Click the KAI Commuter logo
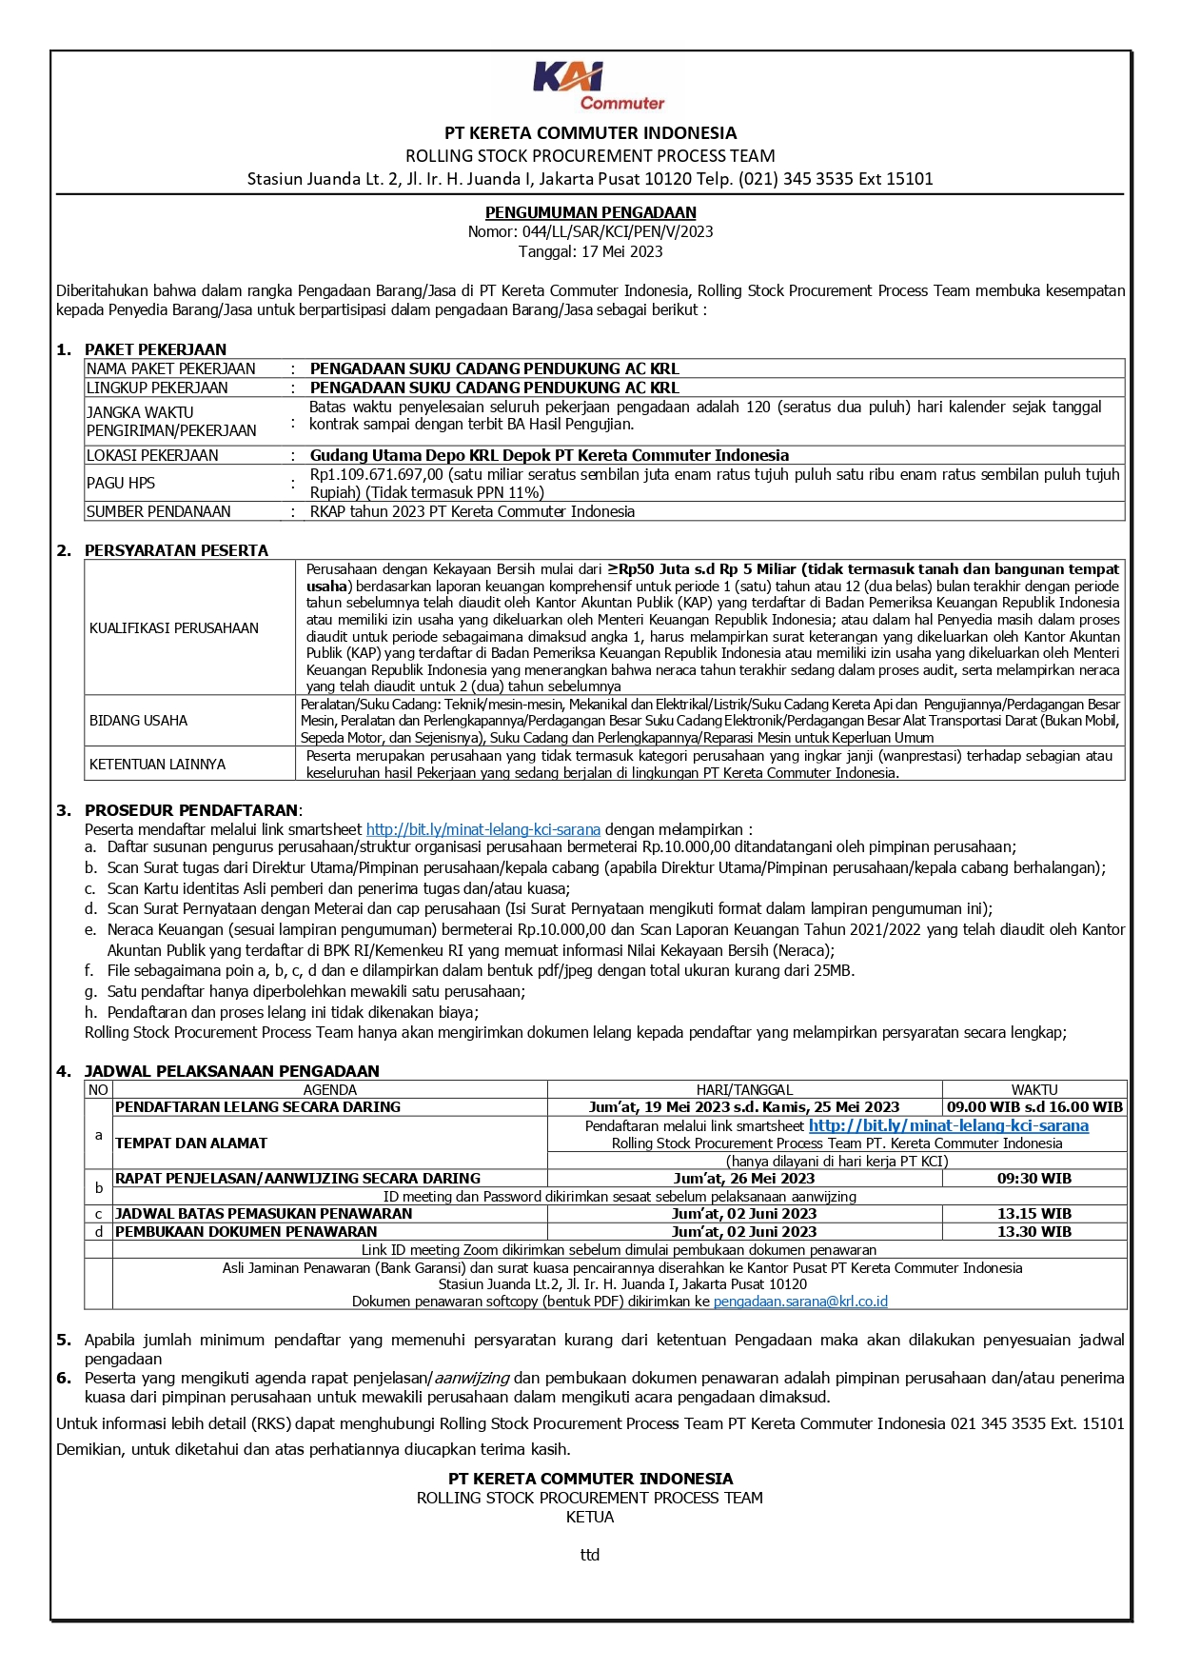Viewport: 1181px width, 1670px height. tap(596, 86)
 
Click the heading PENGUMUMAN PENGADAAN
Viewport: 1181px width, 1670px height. tap(590, 212)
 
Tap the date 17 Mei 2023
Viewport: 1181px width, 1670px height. tap(620, 251)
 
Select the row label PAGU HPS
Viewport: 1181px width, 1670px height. tap(121, 483)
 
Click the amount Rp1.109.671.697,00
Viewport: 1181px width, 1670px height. tap(377, 474)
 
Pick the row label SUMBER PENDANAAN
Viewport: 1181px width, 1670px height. tap(159, 511)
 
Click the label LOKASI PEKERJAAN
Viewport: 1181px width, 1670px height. tap(152, 455)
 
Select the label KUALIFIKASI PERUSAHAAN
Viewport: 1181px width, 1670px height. tap(174, 628)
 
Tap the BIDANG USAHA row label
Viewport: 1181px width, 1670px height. tap(139, 721)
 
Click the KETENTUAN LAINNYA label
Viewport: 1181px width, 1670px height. tap(158, 764)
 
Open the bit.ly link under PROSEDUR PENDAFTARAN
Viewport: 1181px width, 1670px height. tap(483, 829)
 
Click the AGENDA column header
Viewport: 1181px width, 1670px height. tap(329, 1089)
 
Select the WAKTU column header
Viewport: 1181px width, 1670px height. tap(1034, 1089)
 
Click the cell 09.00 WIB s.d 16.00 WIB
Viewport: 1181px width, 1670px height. tap(1034, 1107)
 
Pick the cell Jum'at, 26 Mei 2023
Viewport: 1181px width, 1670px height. tap(744, 1179)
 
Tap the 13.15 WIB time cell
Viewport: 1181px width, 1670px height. tap(1034, 1214)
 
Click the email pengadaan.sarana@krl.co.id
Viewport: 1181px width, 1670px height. tap(800, 1302)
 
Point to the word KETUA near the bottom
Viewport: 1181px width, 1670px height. tap(590, 1517)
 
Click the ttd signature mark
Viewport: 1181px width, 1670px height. tap(590, 1555)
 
